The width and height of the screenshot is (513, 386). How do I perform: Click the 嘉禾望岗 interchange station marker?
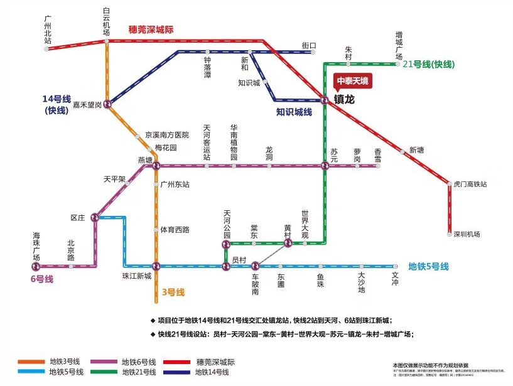pyautogui.click(x=107, y=104)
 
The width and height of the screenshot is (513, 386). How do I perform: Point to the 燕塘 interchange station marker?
pyautogui.click(x=156, y=166)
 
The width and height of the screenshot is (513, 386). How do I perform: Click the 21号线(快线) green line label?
pyautogui.click(x=428, y=64)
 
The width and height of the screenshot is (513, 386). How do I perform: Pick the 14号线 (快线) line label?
pyautogui.click(x=56, y=104)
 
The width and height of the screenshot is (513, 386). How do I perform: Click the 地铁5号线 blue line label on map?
pyautogui.click(x=428, y=266)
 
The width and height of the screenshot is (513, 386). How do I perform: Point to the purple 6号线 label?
pyautogui.click(x=42, y=279)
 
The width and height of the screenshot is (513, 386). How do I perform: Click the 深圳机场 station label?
pyautogui.click(x=468, y=234)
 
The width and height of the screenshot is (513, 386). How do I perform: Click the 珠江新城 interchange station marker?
pyautogui.click(x=156, y=266)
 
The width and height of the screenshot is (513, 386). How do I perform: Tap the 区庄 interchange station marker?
pyautogui.click(x=95, y=217)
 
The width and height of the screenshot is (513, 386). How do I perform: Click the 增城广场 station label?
pyautogui.click(x=399, y=44)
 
